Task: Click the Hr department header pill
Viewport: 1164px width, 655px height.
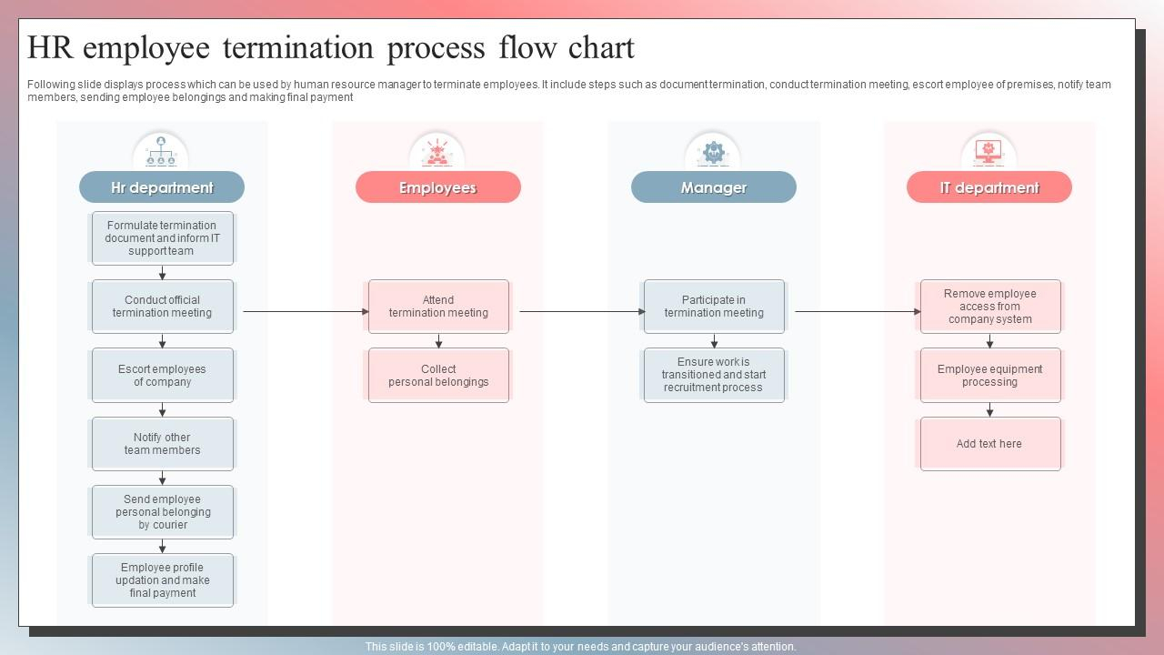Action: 162,187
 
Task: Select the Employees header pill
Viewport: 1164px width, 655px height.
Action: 438,187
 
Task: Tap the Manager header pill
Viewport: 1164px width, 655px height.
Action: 714,187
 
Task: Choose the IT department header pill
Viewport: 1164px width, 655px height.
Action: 989,187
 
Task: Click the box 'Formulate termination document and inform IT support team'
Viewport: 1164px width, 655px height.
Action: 163,238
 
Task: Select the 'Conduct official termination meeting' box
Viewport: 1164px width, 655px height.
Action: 163,307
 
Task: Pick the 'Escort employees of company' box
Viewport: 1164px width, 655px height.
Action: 163,376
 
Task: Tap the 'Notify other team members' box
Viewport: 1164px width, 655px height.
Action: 163,443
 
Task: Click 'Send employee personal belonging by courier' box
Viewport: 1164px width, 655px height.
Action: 163,512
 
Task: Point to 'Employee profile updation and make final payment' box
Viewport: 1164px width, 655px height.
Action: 163,580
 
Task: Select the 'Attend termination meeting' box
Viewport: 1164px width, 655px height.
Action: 438,307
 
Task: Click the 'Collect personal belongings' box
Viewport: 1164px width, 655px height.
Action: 438,376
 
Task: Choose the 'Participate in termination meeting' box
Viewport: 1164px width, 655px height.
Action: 714,307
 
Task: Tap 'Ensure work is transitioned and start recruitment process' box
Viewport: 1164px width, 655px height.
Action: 714,376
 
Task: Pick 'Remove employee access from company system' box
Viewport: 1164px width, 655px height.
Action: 990,307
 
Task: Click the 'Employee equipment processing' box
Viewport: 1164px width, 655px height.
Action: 990,376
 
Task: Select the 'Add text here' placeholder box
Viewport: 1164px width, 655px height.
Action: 990,443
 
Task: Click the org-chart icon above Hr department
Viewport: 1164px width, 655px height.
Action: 161,151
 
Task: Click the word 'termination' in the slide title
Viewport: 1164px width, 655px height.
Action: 298,48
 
